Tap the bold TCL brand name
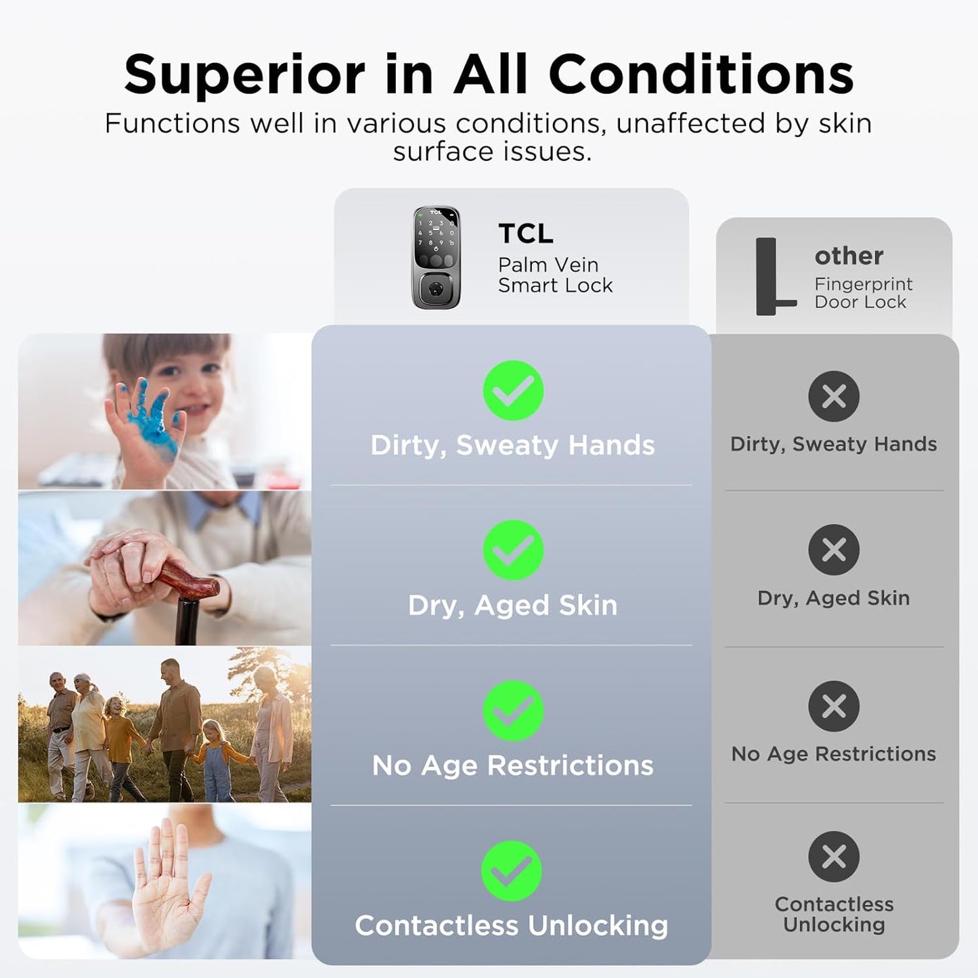526,234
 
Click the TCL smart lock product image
437,257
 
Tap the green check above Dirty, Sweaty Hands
513,391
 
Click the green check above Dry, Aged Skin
513,550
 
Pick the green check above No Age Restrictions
513,711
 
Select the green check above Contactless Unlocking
512,871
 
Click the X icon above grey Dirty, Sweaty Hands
834,396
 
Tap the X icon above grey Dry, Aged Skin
834,550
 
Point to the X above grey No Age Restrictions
834,706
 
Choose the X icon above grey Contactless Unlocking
834,857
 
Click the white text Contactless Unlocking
512,926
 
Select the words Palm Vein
548,265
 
